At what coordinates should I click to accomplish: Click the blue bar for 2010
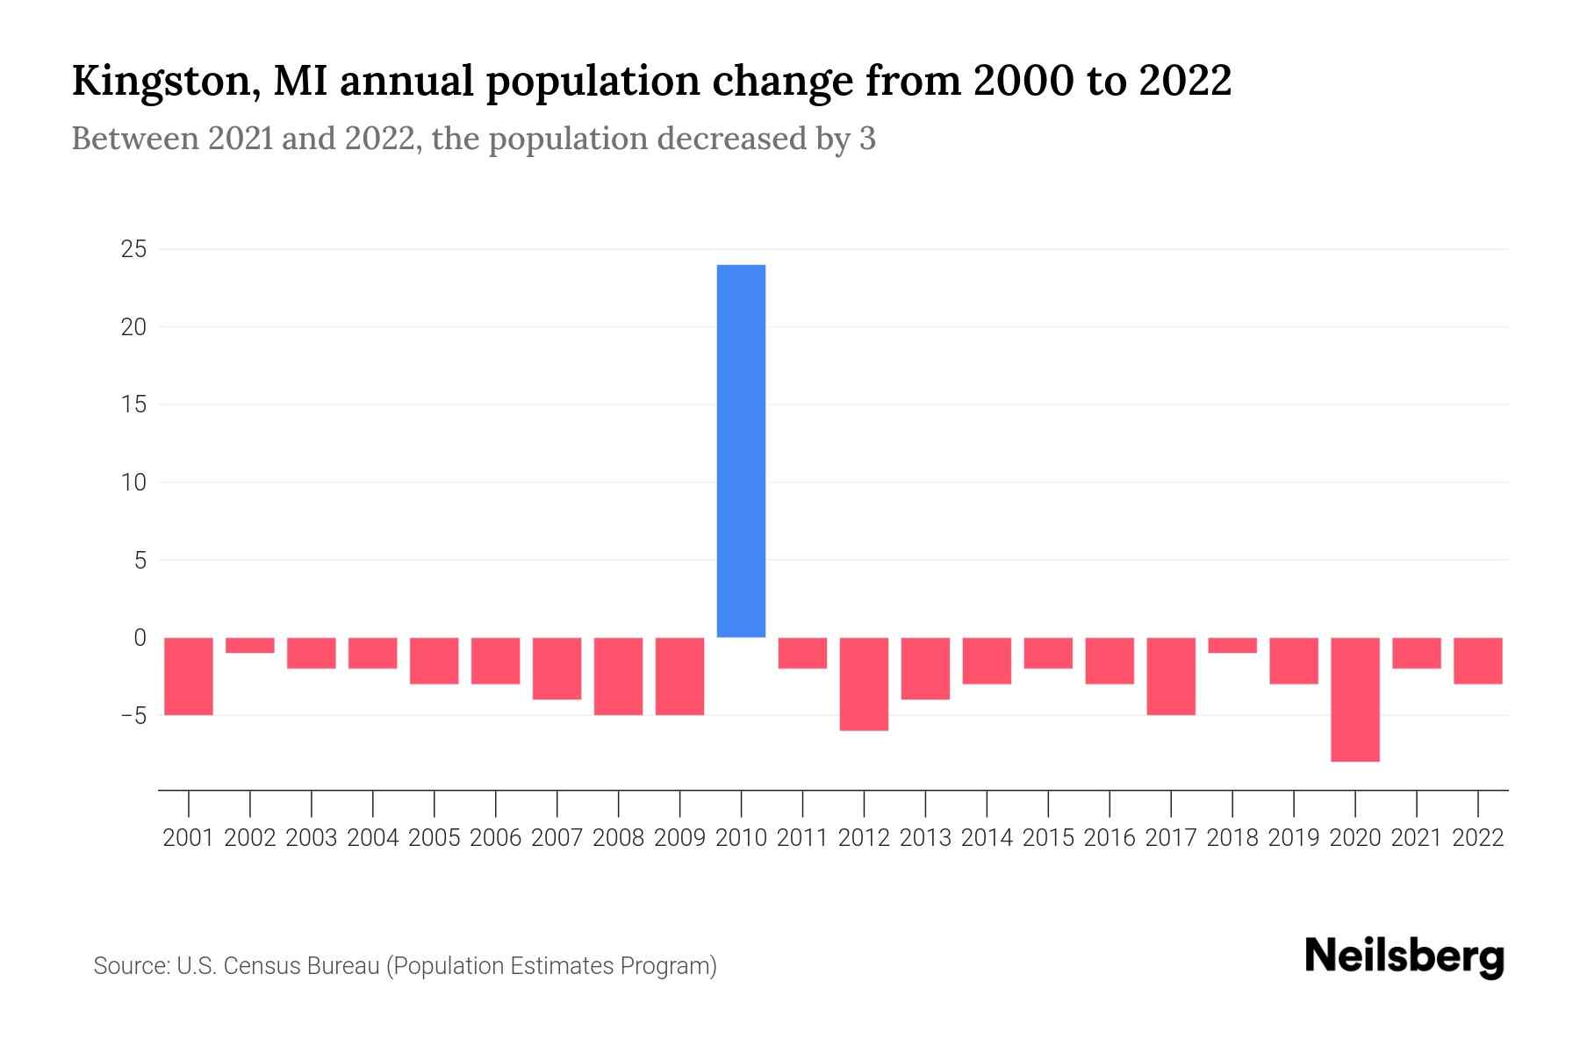point(741,451)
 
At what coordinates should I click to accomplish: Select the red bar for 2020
point(1355,699)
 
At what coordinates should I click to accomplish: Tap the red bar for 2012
point(864,684)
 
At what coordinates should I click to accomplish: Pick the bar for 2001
point(189,676)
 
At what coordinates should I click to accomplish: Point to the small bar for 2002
point(250,645)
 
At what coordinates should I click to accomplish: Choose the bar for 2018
point(1232,645)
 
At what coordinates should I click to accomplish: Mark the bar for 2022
point(1478,661)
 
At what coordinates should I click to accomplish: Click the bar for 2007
point(557,668)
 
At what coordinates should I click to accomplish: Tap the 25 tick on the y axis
point(133,250)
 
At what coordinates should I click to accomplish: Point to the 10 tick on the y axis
point(133,483)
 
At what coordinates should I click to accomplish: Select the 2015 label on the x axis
point(1048,838)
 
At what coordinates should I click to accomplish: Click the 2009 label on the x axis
point(679,838)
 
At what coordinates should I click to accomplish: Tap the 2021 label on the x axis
point(1417,838)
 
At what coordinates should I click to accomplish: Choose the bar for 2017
point(1171,676)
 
